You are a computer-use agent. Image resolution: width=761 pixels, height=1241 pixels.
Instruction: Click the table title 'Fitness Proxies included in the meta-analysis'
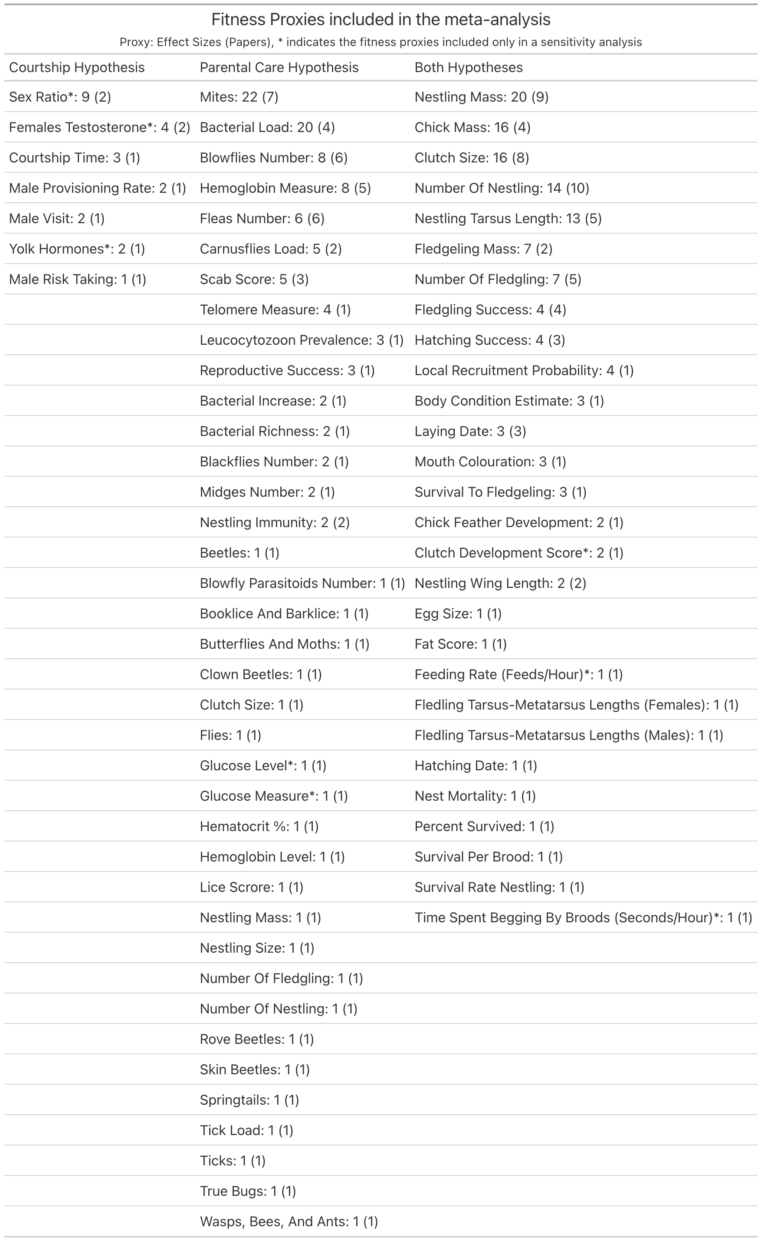pyautogui.click(x=380, y=20)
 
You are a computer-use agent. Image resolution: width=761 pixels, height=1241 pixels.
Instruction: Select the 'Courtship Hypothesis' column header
pyautogui.click(x=76, y=67)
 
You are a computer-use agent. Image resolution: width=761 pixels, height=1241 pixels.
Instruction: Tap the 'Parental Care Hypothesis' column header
pyautogui.click(x=279, y=67)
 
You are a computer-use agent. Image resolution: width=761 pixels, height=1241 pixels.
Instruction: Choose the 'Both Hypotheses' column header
pyautogui.click(x=468, y=67)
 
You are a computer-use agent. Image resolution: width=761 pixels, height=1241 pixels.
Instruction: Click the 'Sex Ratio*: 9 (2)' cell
pyautogui.click(x=60, y=97)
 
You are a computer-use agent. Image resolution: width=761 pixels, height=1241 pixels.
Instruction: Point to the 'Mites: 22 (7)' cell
pyautogui.click(x=239, y=97)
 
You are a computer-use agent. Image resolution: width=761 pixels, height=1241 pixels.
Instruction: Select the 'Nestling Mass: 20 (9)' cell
pyautogui.click(x=481, y=97)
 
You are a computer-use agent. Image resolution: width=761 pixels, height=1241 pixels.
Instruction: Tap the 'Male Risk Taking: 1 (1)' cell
pyautogui.click(x=78, y=279)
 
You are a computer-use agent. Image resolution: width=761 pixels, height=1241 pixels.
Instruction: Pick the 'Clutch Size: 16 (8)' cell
pyautogui.click(x=471, y=158)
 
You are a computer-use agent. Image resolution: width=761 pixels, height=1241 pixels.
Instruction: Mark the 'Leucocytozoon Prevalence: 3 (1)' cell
pyautogui.click(x=301, y=340)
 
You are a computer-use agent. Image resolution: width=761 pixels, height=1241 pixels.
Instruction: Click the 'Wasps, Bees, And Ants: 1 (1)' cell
pyautogui.click(x=289, y=1221)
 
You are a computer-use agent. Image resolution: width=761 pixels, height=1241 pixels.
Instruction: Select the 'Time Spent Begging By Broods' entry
pyautogui.click(x=583, y=917)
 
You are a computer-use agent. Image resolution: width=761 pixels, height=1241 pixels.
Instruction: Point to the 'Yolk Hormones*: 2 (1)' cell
pyautogui.click(x=76, y=249)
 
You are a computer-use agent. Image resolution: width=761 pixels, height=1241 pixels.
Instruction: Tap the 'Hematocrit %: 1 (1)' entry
pyautogui.click(x=259, y=826)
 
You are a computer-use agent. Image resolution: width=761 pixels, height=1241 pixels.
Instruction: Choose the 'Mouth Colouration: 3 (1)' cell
pyautogui.click(x=490, y=461)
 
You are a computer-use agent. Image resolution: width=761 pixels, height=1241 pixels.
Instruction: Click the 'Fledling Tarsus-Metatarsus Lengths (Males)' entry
pyautogui.click(x=568, y=735)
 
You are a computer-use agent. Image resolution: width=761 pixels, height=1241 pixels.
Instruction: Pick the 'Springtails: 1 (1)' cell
pyautogui.click(x=249, y=1099)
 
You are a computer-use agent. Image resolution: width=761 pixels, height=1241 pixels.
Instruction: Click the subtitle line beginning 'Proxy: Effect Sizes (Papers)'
pyautogui.click(x=380, y=42)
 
